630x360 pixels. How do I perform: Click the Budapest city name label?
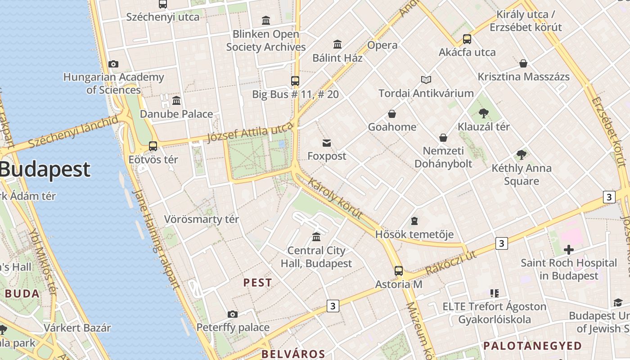(x=45, y=170)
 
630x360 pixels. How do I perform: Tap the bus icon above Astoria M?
(x=398, y=270)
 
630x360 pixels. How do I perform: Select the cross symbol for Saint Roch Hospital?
(x=568, y=249)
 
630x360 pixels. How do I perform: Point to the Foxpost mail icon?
(x=327, y=143)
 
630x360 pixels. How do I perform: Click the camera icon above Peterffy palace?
(x=232, y=314)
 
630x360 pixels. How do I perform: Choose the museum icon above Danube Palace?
(x=176, y=100)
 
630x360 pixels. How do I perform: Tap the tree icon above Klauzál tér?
(x=484, y=113)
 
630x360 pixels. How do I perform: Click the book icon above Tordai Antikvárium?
(x=426, y=80)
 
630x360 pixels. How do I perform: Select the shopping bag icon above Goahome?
(x=392, y=113)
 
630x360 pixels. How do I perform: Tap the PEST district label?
(x=258, y=283)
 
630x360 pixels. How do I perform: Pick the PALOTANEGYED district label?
(x=532, y=346)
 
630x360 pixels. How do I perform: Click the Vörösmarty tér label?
(x=201, y=219)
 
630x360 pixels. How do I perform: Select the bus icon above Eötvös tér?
(x=153, y=146)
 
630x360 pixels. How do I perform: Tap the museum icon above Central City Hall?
(x=316, y=237)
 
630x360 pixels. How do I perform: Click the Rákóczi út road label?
(x=450, y=263)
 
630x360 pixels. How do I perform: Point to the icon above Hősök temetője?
(x=414, y=221)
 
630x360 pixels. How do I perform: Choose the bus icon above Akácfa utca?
(x=467, y=39)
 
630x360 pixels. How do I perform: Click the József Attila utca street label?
(x=250, y=134)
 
